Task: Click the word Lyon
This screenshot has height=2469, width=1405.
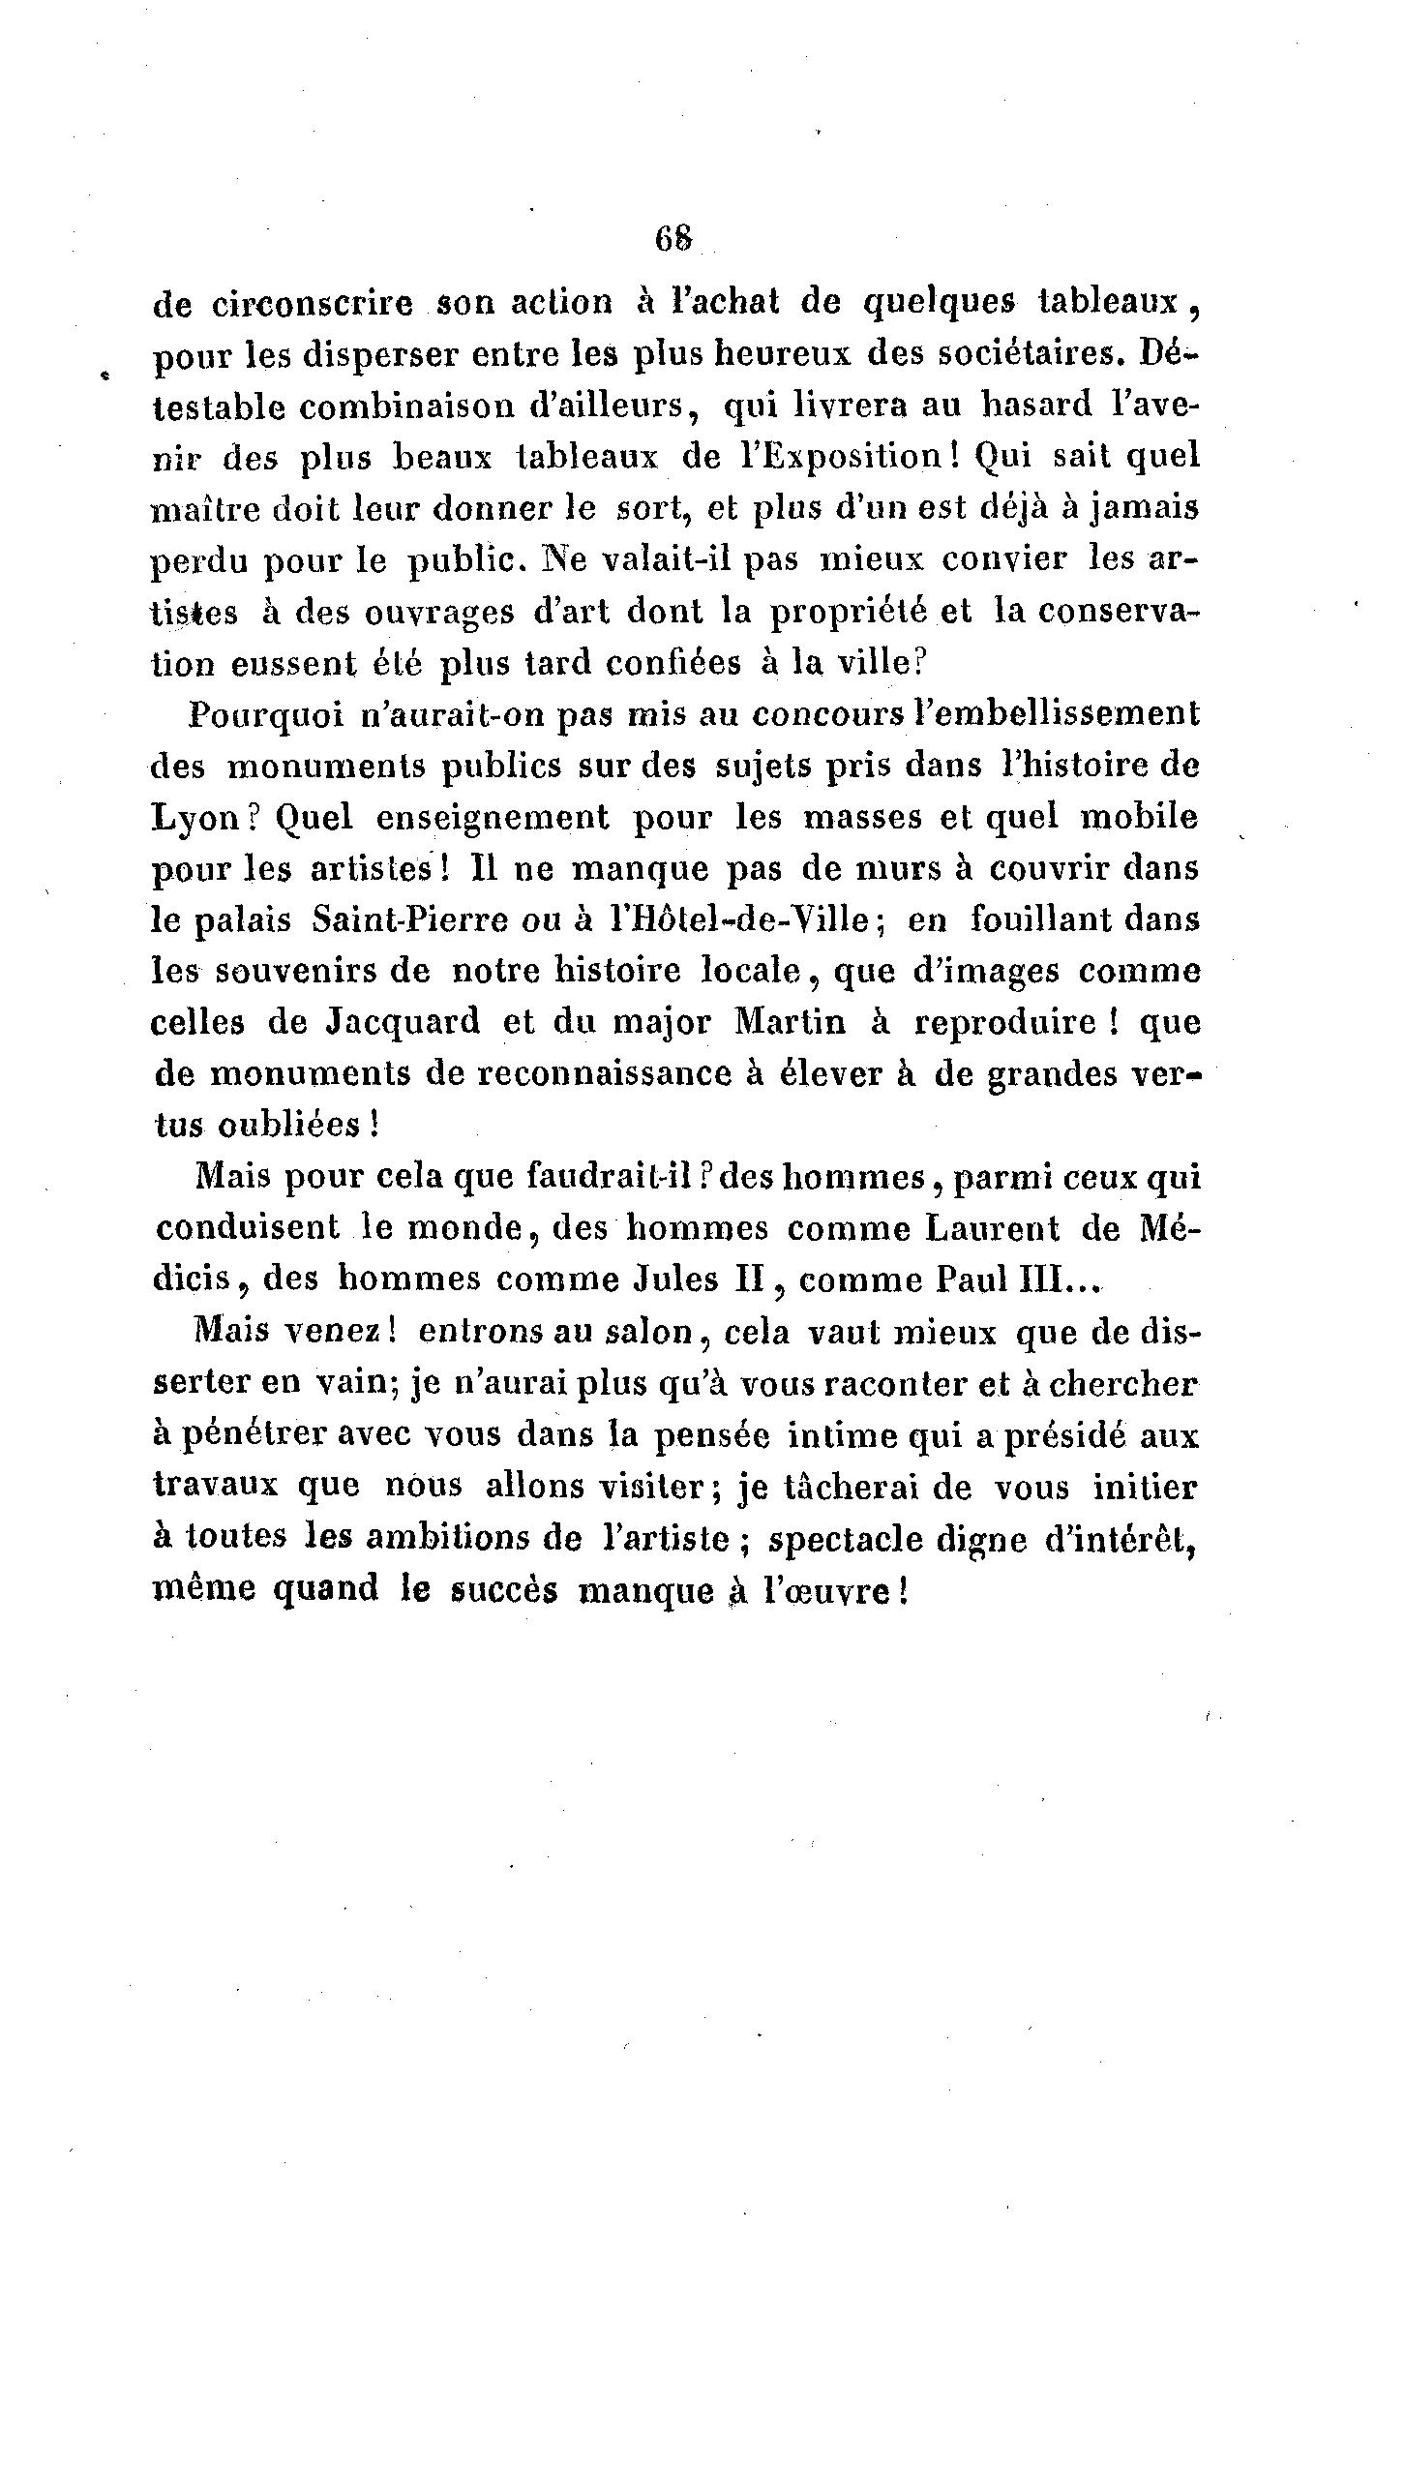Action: (x=196, y=818)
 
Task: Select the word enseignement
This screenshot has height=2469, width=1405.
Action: (x=493, y=818)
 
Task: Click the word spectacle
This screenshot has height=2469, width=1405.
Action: (x=841, y=1539)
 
